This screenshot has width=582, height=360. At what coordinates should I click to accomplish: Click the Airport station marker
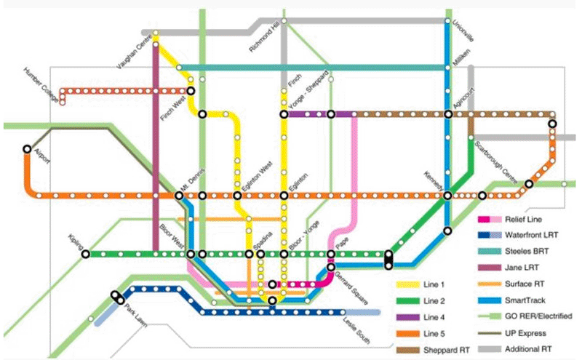point(27,148)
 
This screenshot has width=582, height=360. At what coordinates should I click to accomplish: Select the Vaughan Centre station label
point(132,52)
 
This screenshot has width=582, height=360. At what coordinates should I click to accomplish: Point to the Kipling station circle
point(85,254)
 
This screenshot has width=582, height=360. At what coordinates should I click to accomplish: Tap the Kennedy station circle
point(447,196)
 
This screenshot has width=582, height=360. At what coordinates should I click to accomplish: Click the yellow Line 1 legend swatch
point(408,284)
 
